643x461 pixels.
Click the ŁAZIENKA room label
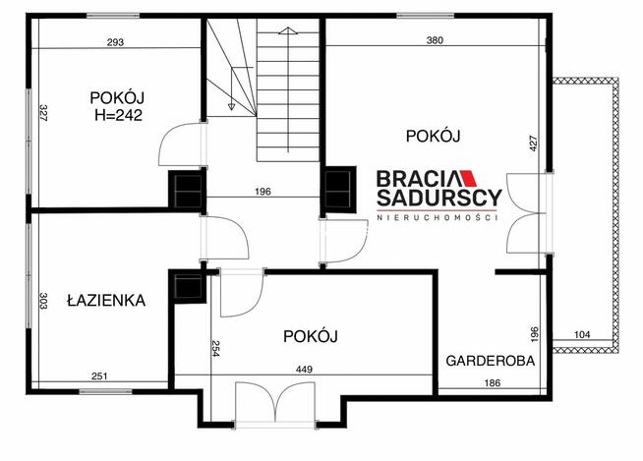(x=106, y=300)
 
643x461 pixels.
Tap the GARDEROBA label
(x=491, y=361)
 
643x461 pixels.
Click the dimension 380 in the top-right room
(x=435, y=41)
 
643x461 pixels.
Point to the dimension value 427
(x=534, y=144)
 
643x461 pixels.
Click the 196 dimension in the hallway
(x=263, y=191)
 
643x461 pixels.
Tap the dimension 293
(x=117, y=41)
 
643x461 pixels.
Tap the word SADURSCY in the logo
(x=438, y=198)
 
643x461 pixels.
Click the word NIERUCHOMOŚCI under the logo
(x=438, y=217)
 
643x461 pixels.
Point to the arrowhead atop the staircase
(x=285, y=31)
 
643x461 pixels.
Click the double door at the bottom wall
(x=276, y=405)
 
